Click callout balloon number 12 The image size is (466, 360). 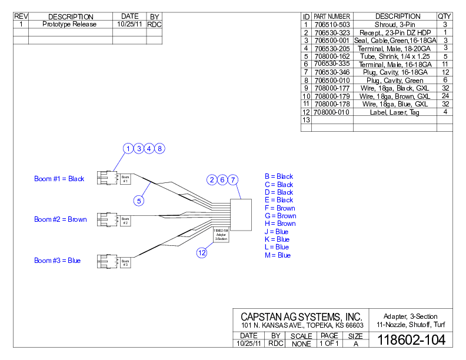202,253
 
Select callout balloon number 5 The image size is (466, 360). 139,201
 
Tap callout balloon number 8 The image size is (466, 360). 160,149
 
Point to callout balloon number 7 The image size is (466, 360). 233,179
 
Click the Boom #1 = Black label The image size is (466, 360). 59,179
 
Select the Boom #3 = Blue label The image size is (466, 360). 57,261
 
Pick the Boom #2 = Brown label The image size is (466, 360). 61,219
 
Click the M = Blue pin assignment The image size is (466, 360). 277,255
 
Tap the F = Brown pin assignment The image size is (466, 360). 280,208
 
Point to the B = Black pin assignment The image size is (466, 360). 279,176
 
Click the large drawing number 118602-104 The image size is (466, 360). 411,340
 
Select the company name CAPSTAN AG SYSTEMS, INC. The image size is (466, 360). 302,317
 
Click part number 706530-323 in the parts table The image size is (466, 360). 332,32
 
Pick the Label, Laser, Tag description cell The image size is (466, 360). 394,112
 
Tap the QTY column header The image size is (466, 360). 445,16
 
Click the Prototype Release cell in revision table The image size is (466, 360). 70,25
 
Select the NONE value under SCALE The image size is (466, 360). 301,344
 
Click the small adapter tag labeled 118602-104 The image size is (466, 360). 221,235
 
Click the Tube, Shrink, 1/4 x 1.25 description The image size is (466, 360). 394,56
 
